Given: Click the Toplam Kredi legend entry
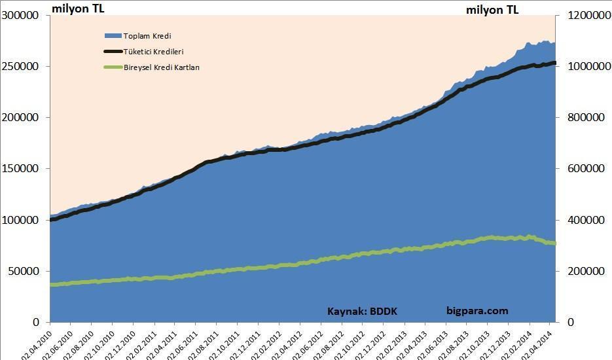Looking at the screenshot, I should click(147, 36).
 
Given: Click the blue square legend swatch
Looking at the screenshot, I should click(113, 36).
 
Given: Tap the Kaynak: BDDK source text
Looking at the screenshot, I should click(362, 312).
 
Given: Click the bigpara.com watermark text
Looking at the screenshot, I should click(477, 311).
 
